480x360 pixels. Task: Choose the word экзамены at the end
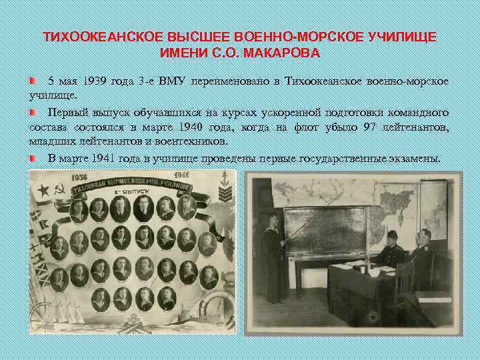(417, 159)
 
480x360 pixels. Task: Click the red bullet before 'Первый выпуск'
(33, 112)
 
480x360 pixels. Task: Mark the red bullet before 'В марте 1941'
(33, 159)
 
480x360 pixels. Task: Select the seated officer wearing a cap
(389, 250)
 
